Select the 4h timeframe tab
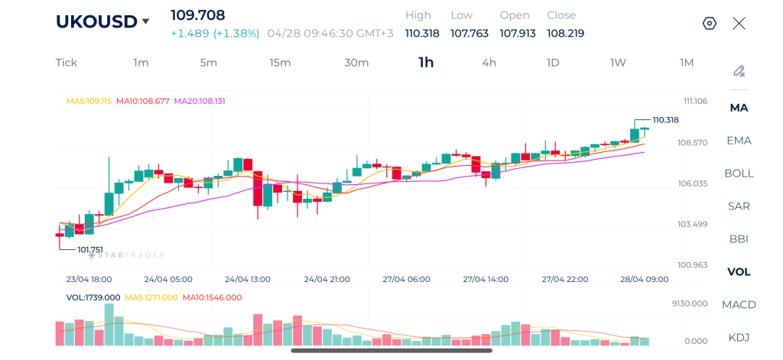[489, 63]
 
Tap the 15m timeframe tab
[280, 63]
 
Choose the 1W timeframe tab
[618, 63]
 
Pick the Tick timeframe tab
[67, 63]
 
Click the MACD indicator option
[739, 304]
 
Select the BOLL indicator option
[739, 173]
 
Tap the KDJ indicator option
[739, 337]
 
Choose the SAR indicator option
[739, 206]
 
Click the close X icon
[739, 23]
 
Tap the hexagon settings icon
[709, 23]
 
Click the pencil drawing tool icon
[739, 71]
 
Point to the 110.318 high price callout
[665, 120]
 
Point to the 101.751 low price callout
[89, 249]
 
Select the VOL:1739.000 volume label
[93, 297]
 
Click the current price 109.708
[198, 15]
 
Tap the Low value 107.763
[469, 34]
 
